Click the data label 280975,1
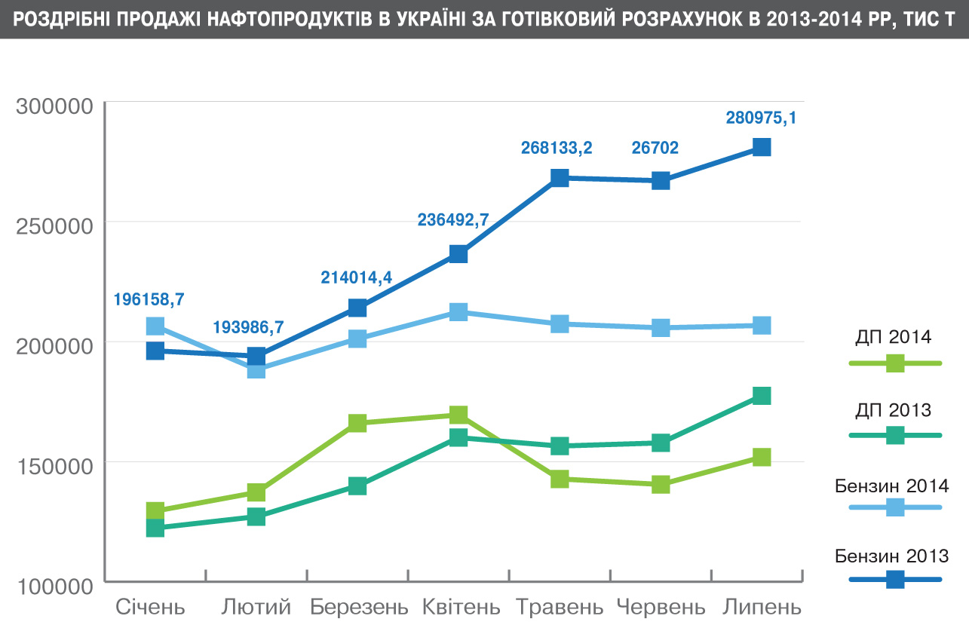tap(761, 118)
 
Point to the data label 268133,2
tap(557, 148)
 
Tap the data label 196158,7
tap(149, 299)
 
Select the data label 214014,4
tap(357, 277)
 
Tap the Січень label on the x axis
tap(150, 607)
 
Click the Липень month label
tap(762, 607)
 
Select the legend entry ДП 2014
tap(894, 336)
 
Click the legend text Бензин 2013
tap(892, 556)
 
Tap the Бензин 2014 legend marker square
tap(895, 507)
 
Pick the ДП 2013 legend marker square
tap(895, 435)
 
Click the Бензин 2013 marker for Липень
tap(762, 147)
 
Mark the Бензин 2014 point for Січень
tap(155, 326)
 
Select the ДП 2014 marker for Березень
tap(357, 423)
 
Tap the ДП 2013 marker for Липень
tap(762, 396)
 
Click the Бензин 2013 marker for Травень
tap(560, 178)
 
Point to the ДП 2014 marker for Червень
tap(661, 484)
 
